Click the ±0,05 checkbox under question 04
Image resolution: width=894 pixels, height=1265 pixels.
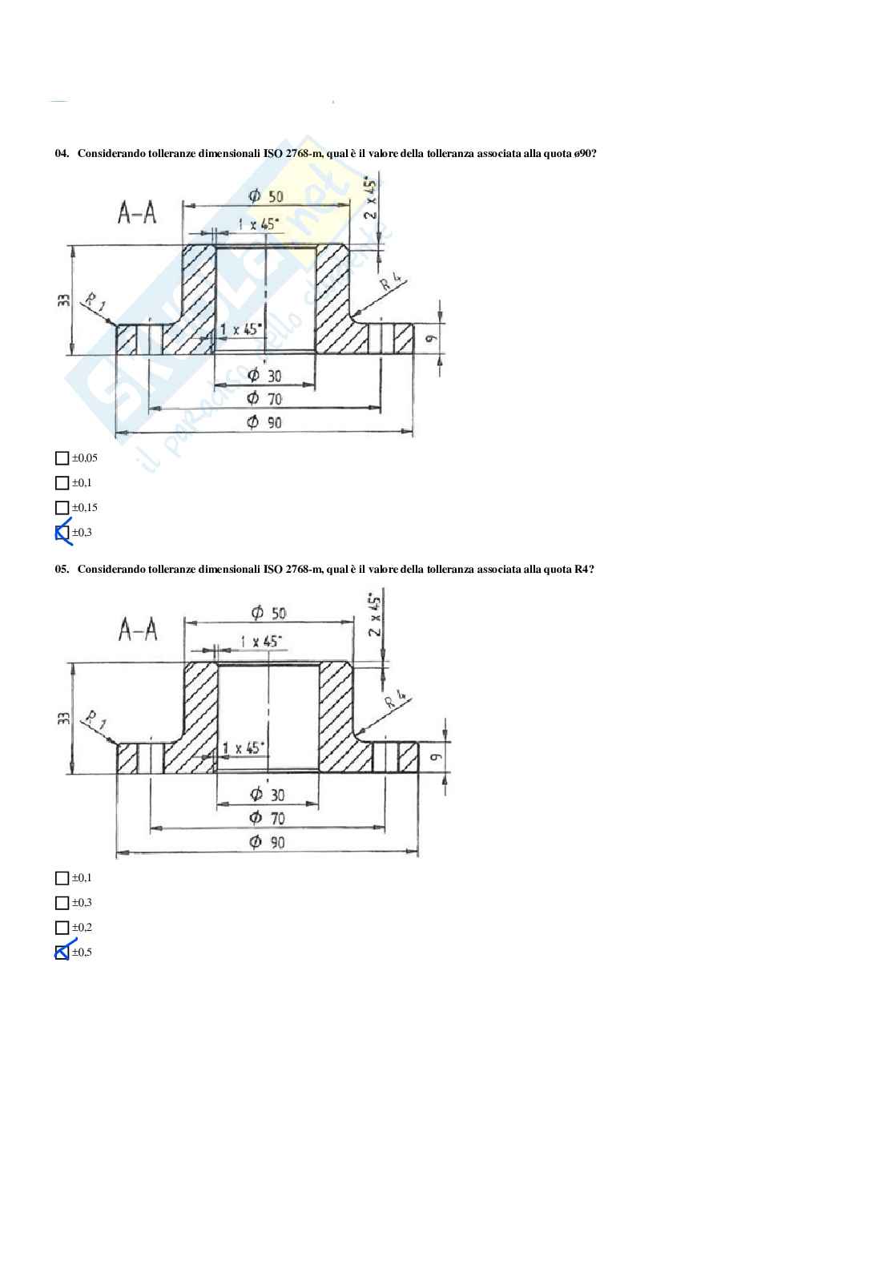pos(62,458)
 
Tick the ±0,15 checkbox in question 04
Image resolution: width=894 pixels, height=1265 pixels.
pos(62,508)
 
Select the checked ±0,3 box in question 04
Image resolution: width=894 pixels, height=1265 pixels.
pos(62,533)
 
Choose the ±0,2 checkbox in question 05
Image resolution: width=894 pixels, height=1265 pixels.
pos(62,928)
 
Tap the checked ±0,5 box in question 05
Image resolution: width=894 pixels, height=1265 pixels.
pos(62,953)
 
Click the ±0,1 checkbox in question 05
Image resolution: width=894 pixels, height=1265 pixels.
pos(62,878)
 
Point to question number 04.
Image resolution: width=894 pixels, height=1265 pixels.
pos(62,154)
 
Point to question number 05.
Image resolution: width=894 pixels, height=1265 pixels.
pos(62,570)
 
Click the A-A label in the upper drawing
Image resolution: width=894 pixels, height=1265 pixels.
pos(137,213)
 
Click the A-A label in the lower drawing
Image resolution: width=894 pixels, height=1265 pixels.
pos(138,630)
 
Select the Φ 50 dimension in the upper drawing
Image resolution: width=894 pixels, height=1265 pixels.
pos(266,196)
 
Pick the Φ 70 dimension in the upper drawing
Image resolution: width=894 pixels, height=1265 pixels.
pos(264,398)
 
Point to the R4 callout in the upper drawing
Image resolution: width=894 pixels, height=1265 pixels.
pos(393,284)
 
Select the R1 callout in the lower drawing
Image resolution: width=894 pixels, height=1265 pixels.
pos(95,719)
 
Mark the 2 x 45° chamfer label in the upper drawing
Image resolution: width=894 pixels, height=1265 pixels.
pos(370,198)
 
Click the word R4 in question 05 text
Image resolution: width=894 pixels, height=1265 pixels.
pos(582,570)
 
